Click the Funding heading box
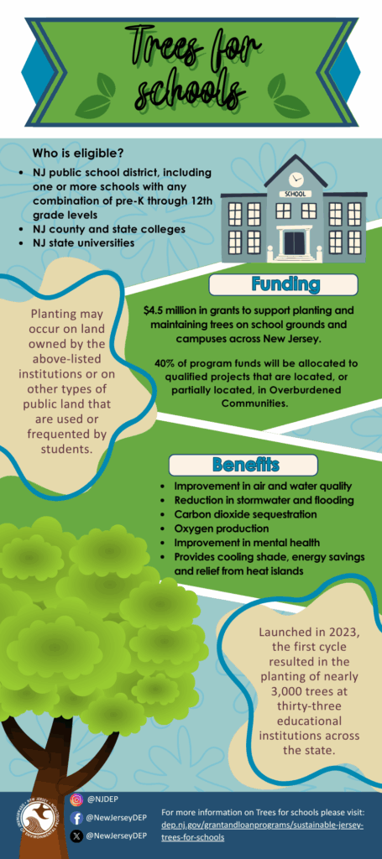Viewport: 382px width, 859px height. tap(283, 285)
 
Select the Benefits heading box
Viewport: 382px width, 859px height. tap(243, 465)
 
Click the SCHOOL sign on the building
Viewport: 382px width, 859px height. tap(296, 194)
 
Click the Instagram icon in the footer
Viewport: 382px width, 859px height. tap(77, 799)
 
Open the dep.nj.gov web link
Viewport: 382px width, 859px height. tap(263, 831)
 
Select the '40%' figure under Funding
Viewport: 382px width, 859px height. tap(165, 363)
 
